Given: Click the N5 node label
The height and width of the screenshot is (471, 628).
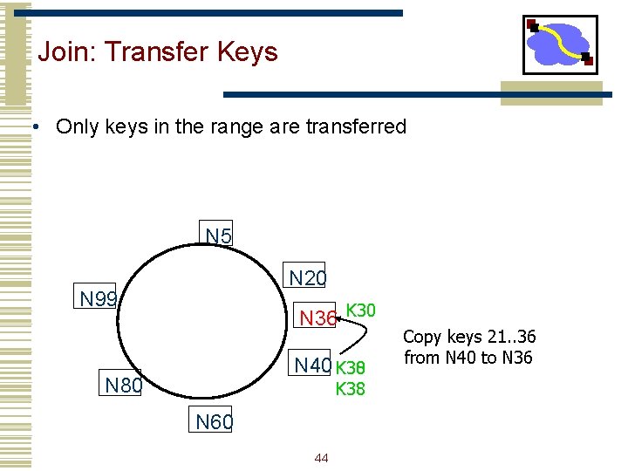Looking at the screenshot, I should coord(218,235).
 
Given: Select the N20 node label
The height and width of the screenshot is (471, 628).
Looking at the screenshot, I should coord(307,278).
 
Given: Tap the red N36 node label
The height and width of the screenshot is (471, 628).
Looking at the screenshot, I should coord(317,318).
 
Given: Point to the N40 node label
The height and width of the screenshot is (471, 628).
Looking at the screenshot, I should coord(312,365).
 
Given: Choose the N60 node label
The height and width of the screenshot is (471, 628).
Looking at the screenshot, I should coord(214,423).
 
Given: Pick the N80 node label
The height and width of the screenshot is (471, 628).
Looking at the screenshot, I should coord(122,385).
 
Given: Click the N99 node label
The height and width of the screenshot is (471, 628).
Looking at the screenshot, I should coord(99,299).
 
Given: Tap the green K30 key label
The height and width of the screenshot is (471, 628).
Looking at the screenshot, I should coord(360,310).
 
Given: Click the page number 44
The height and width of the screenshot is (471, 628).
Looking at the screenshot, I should coord(321,458).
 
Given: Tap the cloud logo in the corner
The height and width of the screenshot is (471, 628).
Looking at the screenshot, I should coord(560,44).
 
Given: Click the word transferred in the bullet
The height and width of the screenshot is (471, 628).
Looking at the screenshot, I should coord(356,126).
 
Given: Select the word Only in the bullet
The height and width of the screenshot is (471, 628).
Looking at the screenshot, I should coord(77,126).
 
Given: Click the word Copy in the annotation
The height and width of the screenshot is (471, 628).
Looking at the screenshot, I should coord(423,337).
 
